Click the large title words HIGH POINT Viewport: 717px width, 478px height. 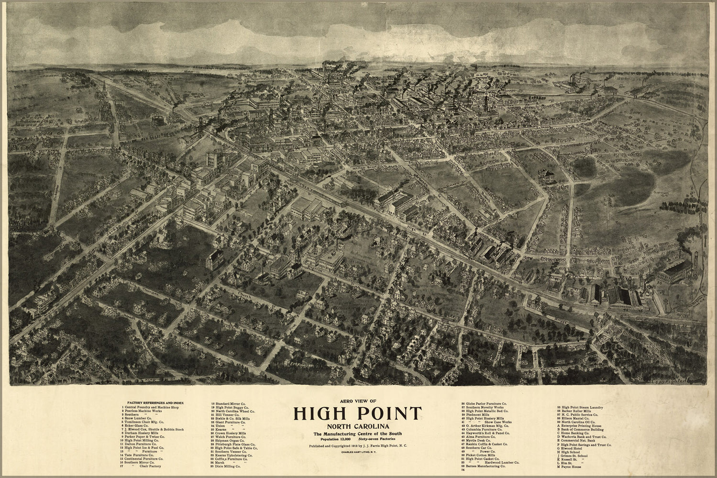[358, 413]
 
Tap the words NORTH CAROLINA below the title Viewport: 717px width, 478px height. [358, 426]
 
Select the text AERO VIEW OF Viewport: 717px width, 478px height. [358, 400]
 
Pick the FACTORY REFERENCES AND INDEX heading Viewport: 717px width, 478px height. [152, 403]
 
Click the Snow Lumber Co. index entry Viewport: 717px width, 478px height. [139, 418]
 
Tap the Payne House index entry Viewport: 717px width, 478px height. [572, 467]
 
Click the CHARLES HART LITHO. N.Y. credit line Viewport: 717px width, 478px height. [358, 452]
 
